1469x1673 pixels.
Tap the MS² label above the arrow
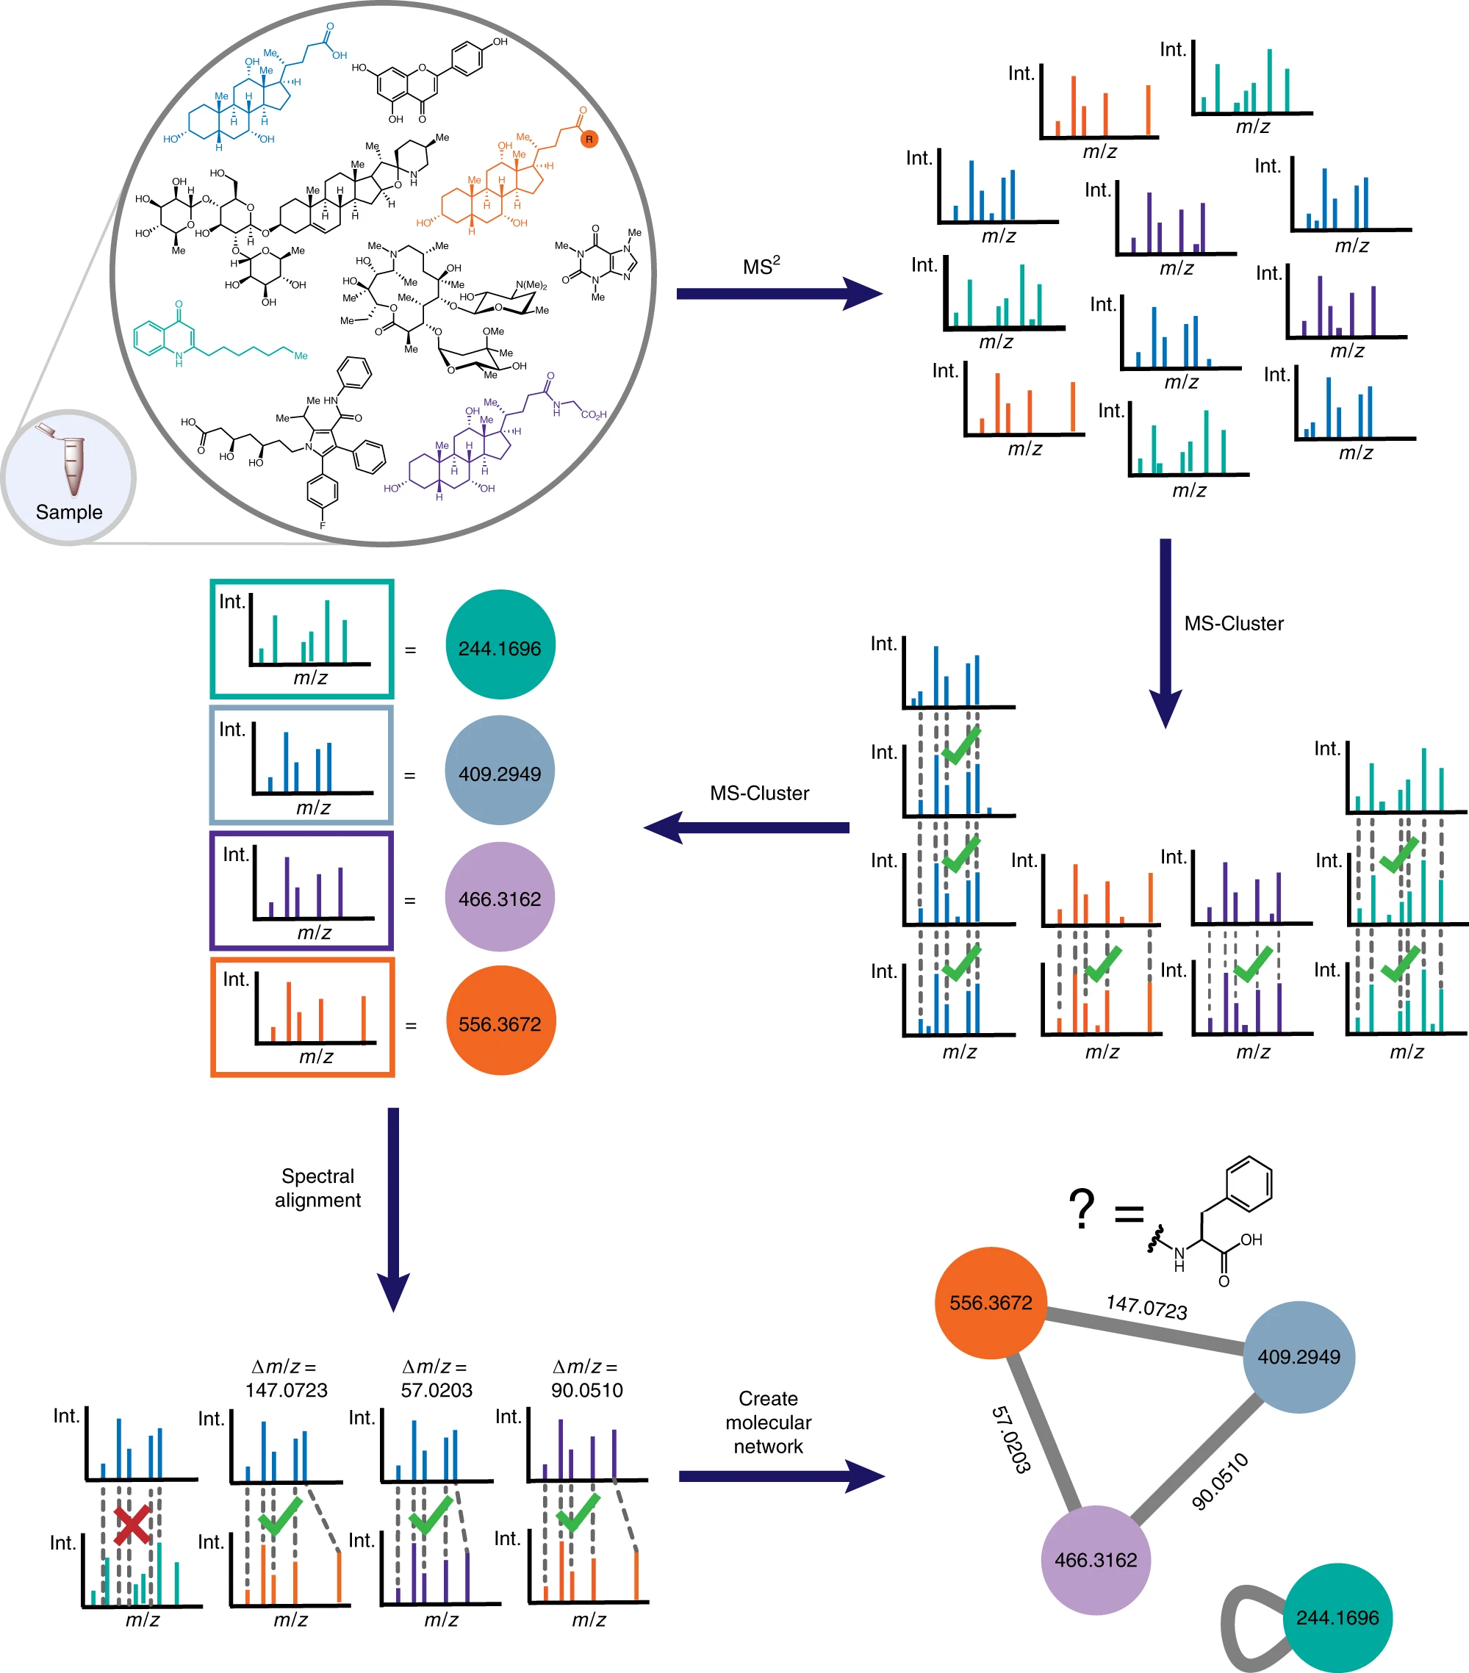pyautogui.click(x=761, y=266)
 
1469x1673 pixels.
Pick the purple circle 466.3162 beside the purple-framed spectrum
pyautogui.click(x=500, y=897)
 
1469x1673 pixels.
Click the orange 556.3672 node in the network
pyautogui.click(x=991, y=1302)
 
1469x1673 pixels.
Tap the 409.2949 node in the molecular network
pyautogui.click(x=1299, y=1356)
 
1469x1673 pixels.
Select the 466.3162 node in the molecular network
pyautogui.click(x=1096, y=1559)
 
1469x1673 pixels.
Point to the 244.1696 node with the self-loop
pyautogui.click(x=1337, y=1617)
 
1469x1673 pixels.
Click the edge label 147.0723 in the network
pyautogui.click(x=1146, y=1306)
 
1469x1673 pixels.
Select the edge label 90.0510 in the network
pyautogui.click(x=1220, y=1480)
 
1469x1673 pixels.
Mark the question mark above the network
pyautogui.click(x=1082, y=1209)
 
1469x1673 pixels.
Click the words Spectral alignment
pyautogui.click(x=317, y=1187)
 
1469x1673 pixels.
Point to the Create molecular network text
pyautogui.click(x=768, y=1422)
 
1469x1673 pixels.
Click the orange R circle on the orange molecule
pyautogui.click(x=589, y=139)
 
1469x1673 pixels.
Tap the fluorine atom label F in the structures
pyautogui.click(x=323, y=525)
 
